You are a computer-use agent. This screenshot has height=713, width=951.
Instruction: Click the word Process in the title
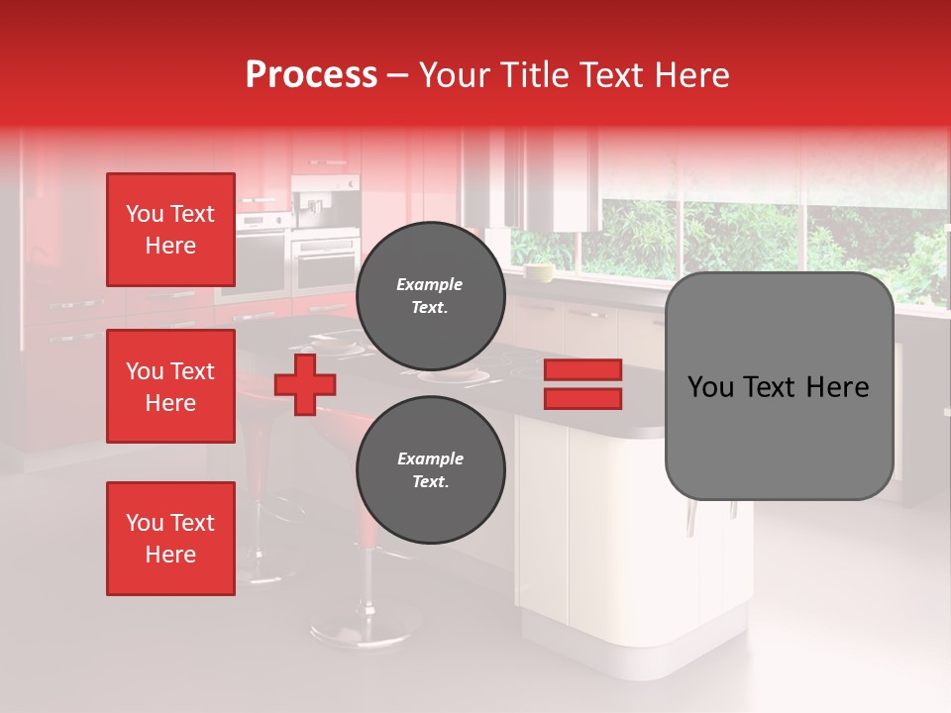[x=311, y=75]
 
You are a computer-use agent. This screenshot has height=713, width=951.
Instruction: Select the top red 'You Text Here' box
[x=170, y=230]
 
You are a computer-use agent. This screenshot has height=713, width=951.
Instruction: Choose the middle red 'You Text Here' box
[x=170, y=386]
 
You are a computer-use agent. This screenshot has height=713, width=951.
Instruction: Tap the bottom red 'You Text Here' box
[x=170, y=538]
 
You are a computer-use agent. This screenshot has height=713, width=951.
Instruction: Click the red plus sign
[x=304, y=384]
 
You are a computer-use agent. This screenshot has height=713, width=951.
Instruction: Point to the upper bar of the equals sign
[x=582, y=369]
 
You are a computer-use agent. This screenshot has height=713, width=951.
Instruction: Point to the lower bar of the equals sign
[x=582, y=398]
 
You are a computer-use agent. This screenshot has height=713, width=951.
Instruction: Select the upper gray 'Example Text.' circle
[x=430, y=295]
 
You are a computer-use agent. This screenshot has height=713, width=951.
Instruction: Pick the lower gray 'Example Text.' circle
[x=430, y=469]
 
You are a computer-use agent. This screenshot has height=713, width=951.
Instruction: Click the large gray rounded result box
[x=779, y=436]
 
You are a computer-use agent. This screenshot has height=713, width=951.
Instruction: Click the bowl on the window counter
[x=539, y=272]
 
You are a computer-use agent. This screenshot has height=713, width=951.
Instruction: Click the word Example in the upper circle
[x=430, y=284]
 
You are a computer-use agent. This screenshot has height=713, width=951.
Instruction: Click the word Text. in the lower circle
[x=430, y=481]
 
